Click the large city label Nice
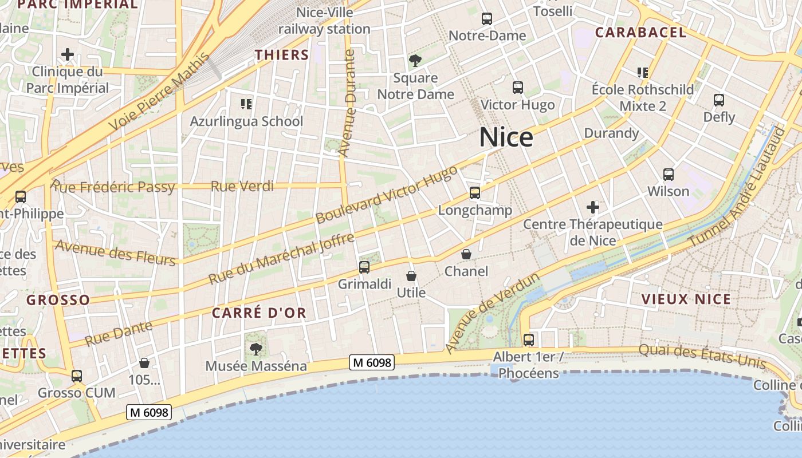tap(506, 137)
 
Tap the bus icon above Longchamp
tap(474, 193)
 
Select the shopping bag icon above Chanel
tap(466, 254)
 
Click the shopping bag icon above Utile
tap(411, 276)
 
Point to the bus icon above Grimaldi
tap(364, 267)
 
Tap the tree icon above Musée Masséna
tap(255, 349)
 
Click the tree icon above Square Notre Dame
tap(415, 60)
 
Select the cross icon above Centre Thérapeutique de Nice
tap(593, 207)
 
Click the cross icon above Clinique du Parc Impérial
tap(68, 54)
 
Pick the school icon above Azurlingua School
tap(246, 104)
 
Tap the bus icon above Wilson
tap(668, 175)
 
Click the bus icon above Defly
tap(719, 100)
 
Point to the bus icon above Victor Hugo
tap(518, 88)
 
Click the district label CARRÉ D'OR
tap(259, 313)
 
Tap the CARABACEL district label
tap(640, 33)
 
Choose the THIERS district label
tap(282, 55)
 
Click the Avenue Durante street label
tap(347, 103)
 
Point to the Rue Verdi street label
tap(242, 186)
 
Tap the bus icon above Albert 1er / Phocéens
tap(528, 339)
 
